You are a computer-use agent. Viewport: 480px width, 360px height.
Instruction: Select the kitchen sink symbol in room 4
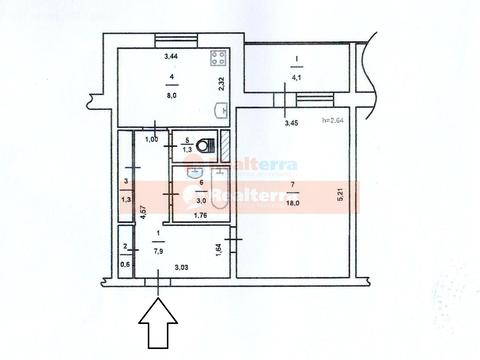[223, 111]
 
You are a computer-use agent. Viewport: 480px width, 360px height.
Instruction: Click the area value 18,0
[291, 200]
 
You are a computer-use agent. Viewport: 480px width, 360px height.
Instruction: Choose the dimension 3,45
[291, 123]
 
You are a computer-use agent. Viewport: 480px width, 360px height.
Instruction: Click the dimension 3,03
[181, 267]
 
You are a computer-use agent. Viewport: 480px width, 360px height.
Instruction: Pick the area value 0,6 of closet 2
[125, 264]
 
